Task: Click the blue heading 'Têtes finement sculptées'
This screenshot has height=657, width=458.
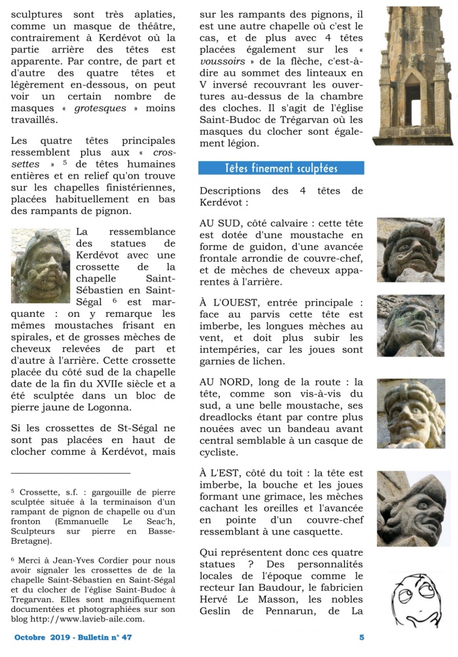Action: coord(281,168)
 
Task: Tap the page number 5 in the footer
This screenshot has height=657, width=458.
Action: coord(362,637)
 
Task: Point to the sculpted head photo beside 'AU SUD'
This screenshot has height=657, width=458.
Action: coord(410,249)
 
